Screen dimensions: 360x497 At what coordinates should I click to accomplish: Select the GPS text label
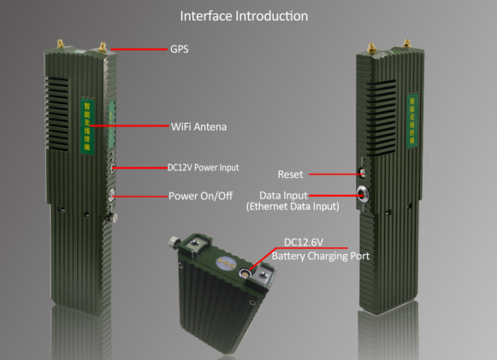(x=179, y=50)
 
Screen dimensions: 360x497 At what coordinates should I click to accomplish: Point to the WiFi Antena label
(x=198, y=127)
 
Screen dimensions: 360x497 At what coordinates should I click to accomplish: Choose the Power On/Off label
(x=201, y=196)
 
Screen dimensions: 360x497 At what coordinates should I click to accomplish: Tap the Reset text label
(x=290, y=174)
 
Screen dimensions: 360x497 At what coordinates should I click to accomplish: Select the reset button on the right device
(x=362, y=174)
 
